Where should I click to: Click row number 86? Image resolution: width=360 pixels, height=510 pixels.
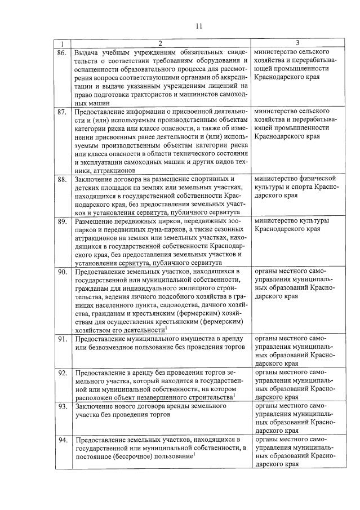pyautogui.click(x=63, y=52)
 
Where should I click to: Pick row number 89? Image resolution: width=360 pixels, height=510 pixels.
pyautogui.click(x=63, y=221)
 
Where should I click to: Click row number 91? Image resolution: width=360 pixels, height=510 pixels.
pyautogui.click(x=63, y=339)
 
